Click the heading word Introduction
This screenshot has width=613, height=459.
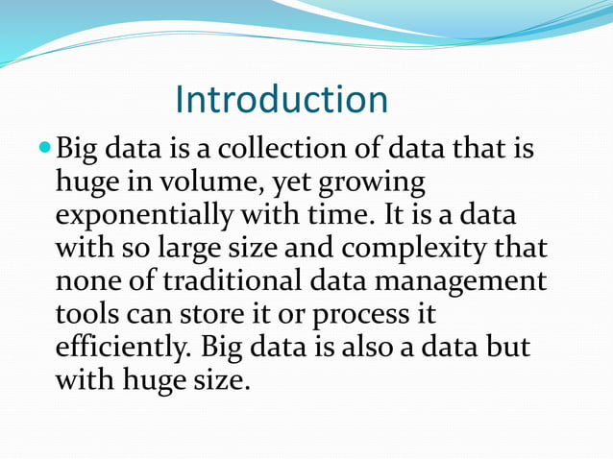click(282, 100)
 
